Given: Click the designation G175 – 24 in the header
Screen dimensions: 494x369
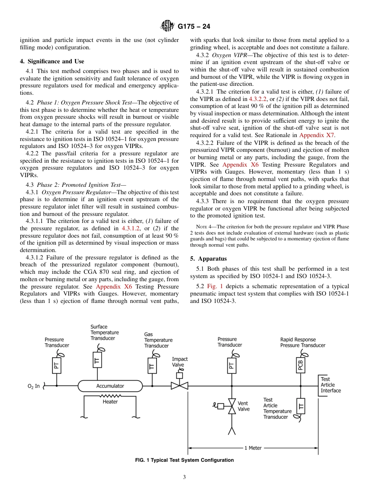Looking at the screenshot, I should [194, 27].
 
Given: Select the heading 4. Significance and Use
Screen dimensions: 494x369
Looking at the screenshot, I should [52, 61].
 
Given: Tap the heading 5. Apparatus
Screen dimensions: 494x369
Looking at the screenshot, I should [208, 259].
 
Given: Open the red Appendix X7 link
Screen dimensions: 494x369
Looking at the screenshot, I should [317, 135].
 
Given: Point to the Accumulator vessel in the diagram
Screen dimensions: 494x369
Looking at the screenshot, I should [110, 386].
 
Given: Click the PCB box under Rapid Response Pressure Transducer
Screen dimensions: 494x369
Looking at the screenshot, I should [300, 365].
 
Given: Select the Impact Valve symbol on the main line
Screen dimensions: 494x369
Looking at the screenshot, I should [179, 385].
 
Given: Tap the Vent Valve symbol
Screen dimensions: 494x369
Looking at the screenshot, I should [232, 406].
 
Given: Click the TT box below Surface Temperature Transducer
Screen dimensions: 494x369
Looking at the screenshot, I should [97, 360].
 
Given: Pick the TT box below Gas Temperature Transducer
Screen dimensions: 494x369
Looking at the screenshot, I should [152, 366].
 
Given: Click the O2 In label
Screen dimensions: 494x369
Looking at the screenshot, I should [33, 386].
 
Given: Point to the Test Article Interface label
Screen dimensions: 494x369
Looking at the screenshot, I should [331, 385].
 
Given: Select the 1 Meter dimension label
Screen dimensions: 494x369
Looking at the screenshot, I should [253, 448].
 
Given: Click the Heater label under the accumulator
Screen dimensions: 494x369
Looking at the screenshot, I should [110, 402].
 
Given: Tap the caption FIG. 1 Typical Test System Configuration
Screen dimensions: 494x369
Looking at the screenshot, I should [184, 460].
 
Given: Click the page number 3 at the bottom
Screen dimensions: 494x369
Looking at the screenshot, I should [184, 477].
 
